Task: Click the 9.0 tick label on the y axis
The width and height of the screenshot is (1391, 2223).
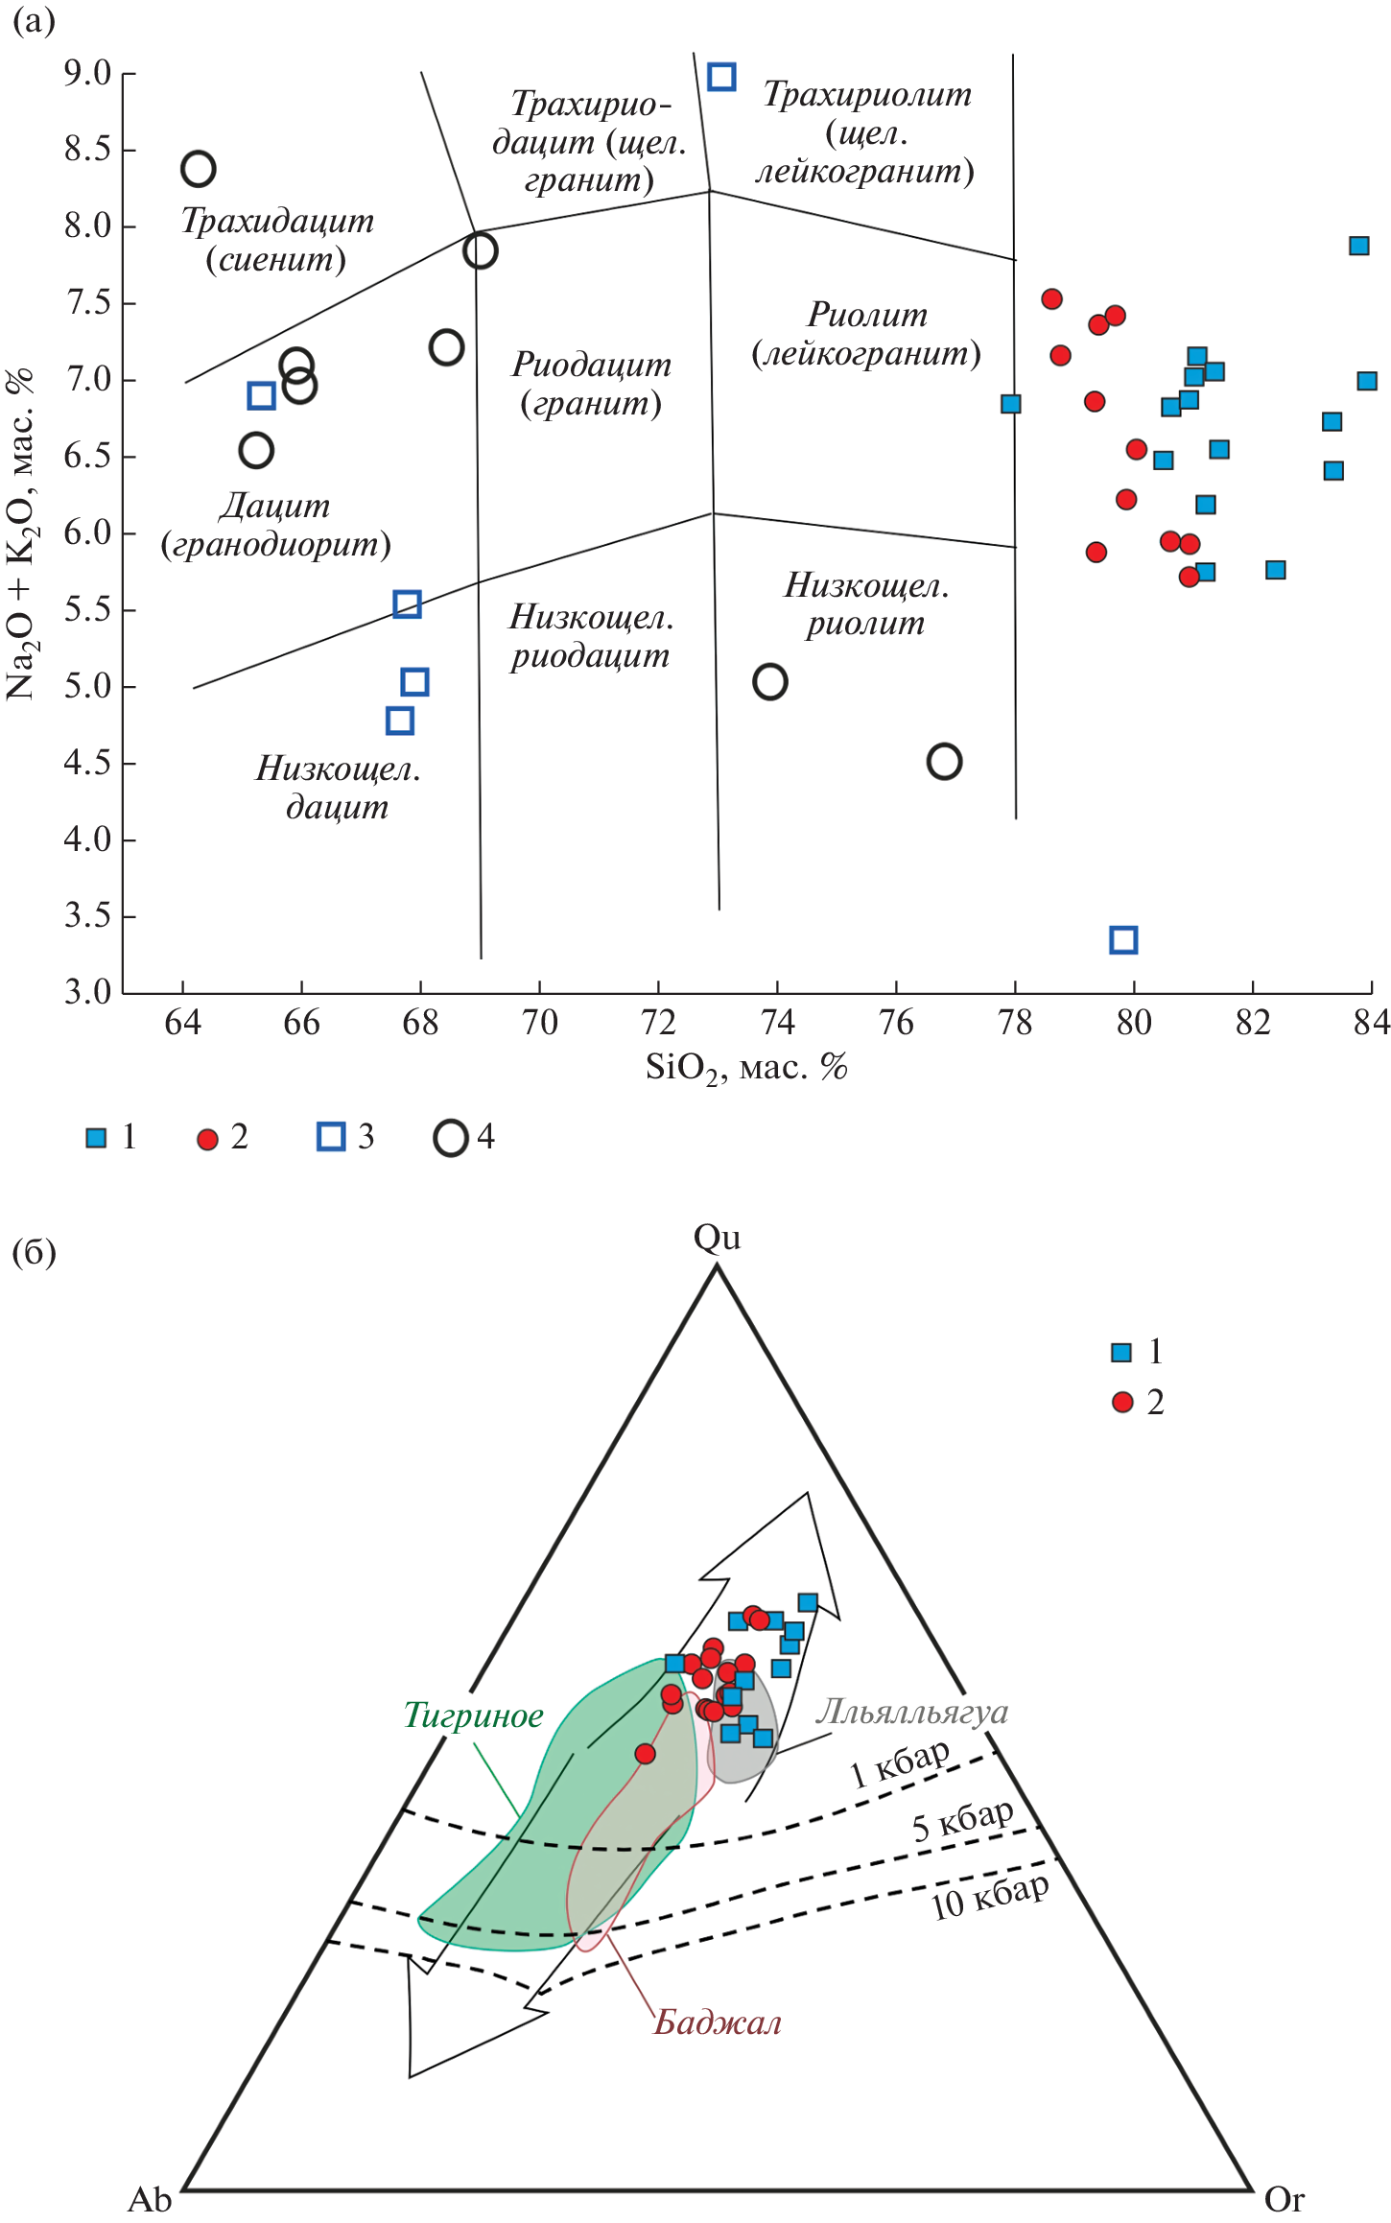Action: pos(87,73)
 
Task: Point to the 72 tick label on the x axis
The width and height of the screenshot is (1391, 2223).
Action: pos(658,1023)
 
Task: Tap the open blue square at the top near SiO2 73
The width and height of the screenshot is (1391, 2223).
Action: pos(721,77)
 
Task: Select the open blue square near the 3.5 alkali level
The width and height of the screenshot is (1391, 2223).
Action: pos(1123,939)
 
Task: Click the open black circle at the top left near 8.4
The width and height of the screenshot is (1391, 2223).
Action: pos(199,169)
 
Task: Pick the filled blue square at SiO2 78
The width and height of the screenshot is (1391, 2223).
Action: pos(1010,404)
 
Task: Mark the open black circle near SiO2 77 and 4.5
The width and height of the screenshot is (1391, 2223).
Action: pos(944,762)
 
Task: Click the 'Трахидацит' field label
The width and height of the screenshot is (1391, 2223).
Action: pos(277,222)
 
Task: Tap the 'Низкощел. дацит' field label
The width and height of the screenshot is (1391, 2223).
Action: pos(338,787)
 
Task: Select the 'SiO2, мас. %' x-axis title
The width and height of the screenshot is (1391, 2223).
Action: pos(745,1067)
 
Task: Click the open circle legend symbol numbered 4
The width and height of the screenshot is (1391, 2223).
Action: pos(450,1138)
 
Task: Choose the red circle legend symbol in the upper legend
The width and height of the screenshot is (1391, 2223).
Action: pos(207,1139)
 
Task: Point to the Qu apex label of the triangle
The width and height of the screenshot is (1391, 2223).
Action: pos(717,1238)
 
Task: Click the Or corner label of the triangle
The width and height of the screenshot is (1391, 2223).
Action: pos(1285,2198)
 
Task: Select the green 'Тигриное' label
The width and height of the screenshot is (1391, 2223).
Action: pos(473,1715)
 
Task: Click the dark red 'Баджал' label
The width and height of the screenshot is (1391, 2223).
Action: pos(718,2022)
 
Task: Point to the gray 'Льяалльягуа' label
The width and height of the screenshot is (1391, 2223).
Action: pos(911,1711)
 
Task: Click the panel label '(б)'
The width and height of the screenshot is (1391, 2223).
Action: pos(34,1252)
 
